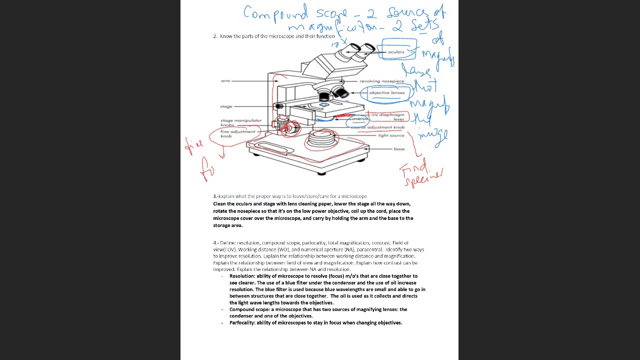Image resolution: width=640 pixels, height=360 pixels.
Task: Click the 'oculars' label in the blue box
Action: [396, 51]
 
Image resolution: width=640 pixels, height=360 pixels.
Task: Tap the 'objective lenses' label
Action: [386, 92]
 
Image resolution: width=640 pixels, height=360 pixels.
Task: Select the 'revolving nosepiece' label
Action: [381, 81]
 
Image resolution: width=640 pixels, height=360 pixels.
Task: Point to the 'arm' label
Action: [225, 81]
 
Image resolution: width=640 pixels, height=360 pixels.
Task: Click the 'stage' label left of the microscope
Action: [226, 106]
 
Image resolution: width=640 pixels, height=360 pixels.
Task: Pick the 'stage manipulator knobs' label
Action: [240, 122]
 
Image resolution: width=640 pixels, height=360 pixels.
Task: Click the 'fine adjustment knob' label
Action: [237, 134]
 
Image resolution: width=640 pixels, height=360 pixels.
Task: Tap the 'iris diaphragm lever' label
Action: [388, 116]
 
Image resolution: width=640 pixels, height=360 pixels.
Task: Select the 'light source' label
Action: [391, 135]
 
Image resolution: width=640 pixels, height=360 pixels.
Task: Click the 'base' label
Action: [399, 149]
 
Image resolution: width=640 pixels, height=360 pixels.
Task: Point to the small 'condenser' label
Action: [359, 119]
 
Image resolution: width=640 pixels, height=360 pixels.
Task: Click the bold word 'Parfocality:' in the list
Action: [242, 323]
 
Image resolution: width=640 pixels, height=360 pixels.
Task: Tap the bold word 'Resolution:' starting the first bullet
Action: [242, 276]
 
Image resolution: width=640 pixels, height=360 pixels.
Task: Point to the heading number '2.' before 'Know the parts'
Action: [215, 36]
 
